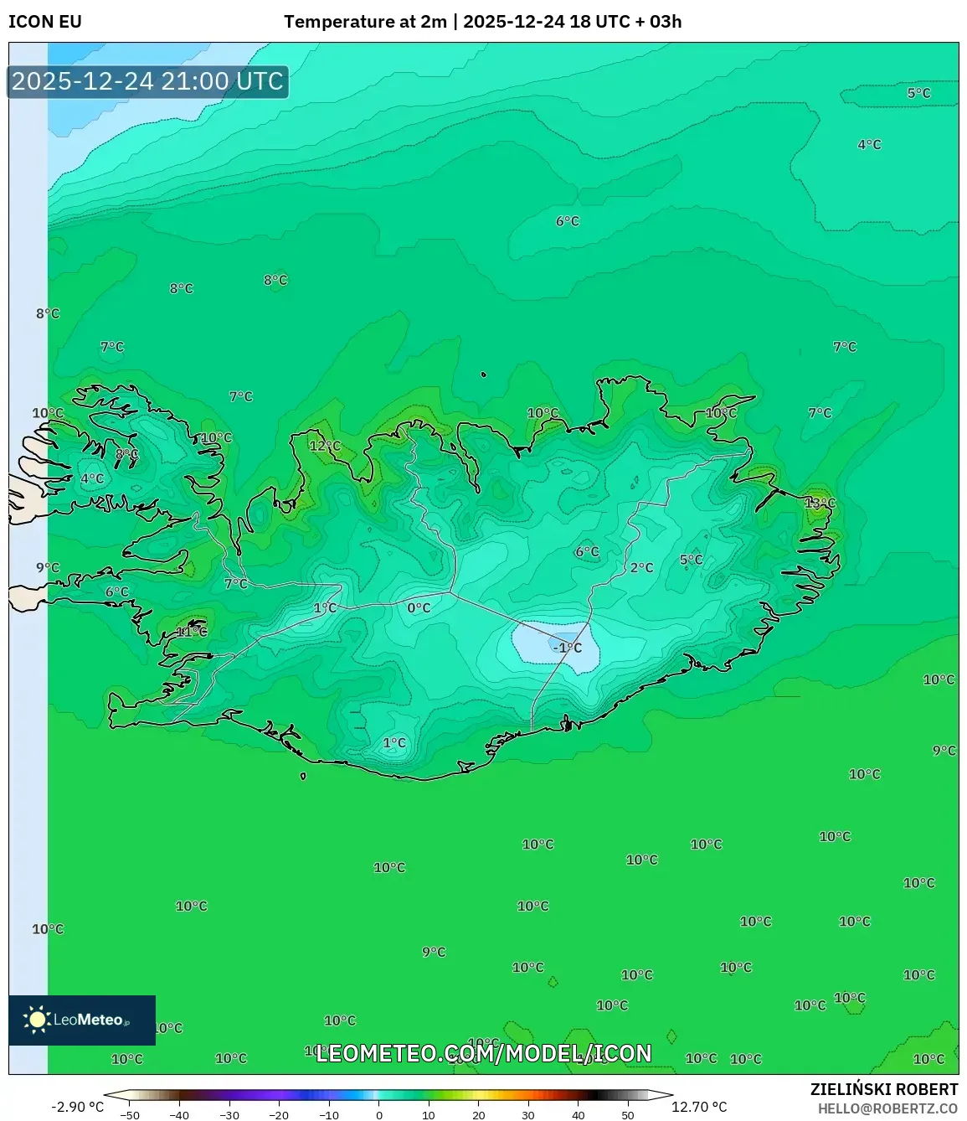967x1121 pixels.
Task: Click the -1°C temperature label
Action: pyautogui.click(x=567, y=648)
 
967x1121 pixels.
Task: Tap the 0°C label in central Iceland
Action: pyautogui.click(x=419, y=608)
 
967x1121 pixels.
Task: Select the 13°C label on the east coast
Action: pyautogui.click(x=820, y=503)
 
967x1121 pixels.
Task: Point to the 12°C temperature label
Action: pyautogui.click(x=325, y=446)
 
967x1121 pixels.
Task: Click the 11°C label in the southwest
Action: pyautogui.click(x=191, y=632)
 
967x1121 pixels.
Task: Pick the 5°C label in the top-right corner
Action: pyautogui.click(x=918, y=93)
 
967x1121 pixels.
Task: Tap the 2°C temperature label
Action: pyautogui.click(x=641, y=567)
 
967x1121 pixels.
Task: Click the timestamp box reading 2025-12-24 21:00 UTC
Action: pyautogui.click(x=147, y=81)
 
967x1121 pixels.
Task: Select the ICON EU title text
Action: pyautogui.click(x=45, y=22)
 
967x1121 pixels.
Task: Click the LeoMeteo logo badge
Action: pyautogui.click(x=82, y=1020)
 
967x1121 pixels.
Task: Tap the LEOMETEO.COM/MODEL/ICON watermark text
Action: pyautogui.click(x=483, y=1053)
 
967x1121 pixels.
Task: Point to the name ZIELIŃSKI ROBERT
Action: pyautogui.click(x=883, y=1089)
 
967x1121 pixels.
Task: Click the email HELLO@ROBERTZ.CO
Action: pyautogui.click(x=887, y=1108)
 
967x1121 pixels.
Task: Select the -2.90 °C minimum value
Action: pyautogui.click(x=77, y=1107)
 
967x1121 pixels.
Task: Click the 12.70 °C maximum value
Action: pyautogui.click(x=699, y=1107)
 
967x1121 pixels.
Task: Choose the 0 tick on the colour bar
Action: pyautogui.click(x=378, y=1115)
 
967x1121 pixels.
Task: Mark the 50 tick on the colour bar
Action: pyautogui.click(x=628, y=1115)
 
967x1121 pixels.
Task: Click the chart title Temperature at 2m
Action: pyautogui.click(x=365, y=22)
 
